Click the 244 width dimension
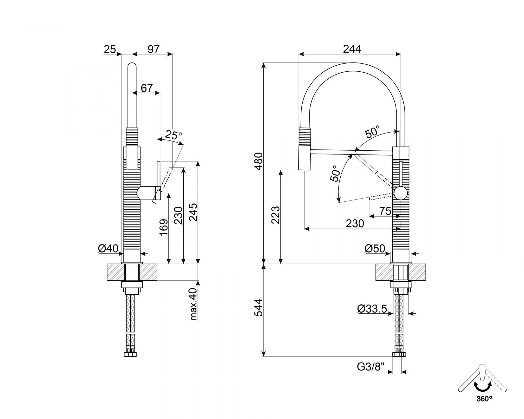coord(352,49)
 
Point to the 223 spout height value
coord(276,215)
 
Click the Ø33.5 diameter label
coord(372,309)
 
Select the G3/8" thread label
coord(371,367)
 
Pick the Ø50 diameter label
coord(375,249)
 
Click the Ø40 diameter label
coord(108,249)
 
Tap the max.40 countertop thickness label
coord(193,304)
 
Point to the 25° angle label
coord(173,135)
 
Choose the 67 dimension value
coord(147,88)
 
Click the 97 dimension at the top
coord(153,49)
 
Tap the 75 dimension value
coord(385,211)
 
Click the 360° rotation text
coord(484,406)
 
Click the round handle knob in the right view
coord(400,193)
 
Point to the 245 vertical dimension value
coord(193,212)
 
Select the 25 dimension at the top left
coord(110,49)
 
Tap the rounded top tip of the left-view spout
coord(132,65)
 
